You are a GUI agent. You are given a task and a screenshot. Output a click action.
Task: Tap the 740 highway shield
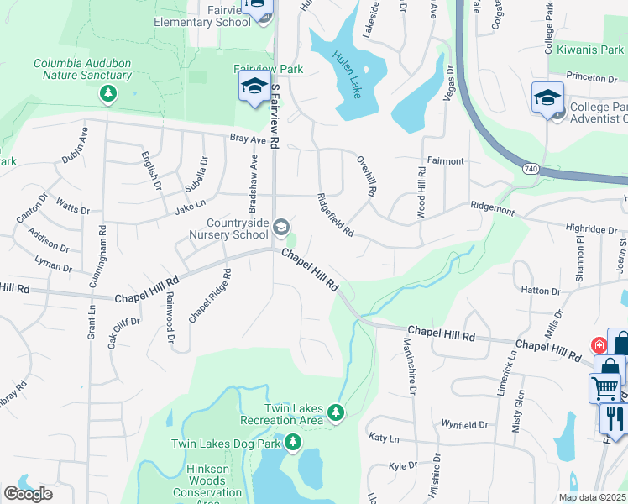(529, 168)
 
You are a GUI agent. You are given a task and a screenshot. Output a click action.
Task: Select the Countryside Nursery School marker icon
(282, 227)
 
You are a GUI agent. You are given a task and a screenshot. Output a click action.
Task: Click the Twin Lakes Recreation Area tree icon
(336, 411)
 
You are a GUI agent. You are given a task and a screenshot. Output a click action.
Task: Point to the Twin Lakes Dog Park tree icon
(292, 441)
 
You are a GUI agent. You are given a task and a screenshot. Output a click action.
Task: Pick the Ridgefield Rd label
(336, 215)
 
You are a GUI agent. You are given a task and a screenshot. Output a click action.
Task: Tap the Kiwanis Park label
(585, 50)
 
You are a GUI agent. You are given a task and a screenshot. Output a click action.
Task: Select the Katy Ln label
(383, 438)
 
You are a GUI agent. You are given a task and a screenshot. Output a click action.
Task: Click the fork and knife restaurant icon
(614, 417)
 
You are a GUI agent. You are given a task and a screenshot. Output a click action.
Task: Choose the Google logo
(29, 493)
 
